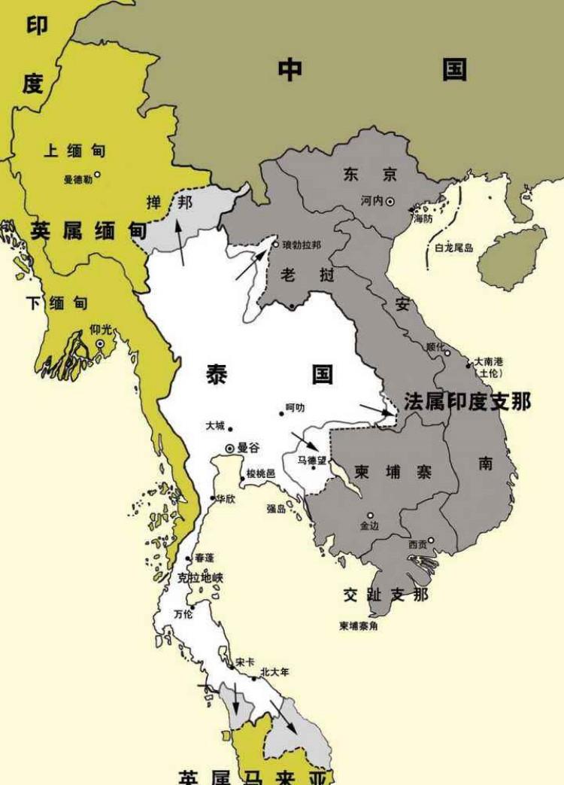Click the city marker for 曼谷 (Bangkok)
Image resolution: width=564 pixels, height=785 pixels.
pos(230,449)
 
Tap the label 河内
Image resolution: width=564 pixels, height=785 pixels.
pos(371,201)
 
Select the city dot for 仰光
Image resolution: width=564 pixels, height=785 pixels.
pos(100,344)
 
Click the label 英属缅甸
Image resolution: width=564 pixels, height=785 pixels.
pos(89,231)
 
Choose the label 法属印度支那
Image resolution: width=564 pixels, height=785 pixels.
pos(467,401)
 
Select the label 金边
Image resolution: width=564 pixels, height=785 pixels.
pos(370,525)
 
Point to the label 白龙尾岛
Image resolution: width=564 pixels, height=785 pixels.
pos(453,248)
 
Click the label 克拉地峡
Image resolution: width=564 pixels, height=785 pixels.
pos(200,578)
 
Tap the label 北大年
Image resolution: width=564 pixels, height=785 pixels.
pos(274,671)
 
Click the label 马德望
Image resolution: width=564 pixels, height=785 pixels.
pos(312,459)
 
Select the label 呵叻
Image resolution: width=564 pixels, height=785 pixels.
pos(295,408)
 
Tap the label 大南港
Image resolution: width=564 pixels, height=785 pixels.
pos(489,362)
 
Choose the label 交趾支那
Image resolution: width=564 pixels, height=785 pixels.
pos(386,595)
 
